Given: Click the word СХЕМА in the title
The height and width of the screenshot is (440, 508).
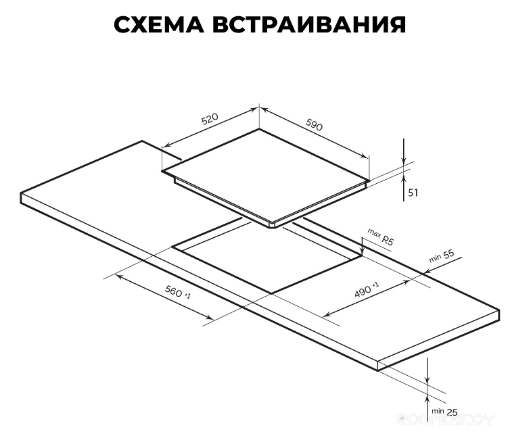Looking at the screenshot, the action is click(x=159, y=24).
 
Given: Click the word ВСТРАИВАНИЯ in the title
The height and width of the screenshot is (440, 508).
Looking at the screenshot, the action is click(x=309, y=24).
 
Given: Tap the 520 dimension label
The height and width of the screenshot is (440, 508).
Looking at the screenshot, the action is click(x=210, y=119).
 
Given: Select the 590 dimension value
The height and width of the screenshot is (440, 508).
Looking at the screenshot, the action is click(x=315, y=124).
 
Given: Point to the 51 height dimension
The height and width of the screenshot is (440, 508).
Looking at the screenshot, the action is click(x=413, y=193).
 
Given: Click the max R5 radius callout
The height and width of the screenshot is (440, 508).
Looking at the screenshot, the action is click(x=381, y=237).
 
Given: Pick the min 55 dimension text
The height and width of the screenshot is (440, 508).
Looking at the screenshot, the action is click(x=442, y=255).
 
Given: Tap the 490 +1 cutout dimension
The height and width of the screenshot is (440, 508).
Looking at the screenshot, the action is click(x=366, y=289).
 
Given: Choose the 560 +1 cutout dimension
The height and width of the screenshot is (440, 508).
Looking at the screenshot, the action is click(x=177, y=292).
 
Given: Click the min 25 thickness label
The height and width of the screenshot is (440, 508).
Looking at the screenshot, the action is click(x=444, y=412).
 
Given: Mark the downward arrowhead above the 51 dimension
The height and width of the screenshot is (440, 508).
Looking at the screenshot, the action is click(x=404, y=160).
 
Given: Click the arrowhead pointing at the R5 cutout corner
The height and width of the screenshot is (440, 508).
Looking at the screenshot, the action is click(x=363, y=251).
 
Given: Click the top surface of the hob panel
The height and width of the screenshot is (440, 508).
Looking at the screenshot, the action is click(x=266, y=175).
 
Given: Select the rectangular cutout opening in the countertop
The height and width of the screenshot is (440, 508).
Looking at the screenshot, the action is click(x=267, y=255).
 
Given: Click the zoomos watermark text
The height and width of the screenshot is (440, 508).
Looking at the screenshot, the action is click(x=446, y=420).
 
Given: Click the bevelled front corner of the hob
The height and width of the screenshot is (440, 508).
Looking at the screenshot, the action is click(x=273, y=225).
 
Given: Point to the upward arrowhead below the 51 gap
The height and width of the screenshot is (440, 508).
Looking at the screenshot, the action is click(x=404, y=177).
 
